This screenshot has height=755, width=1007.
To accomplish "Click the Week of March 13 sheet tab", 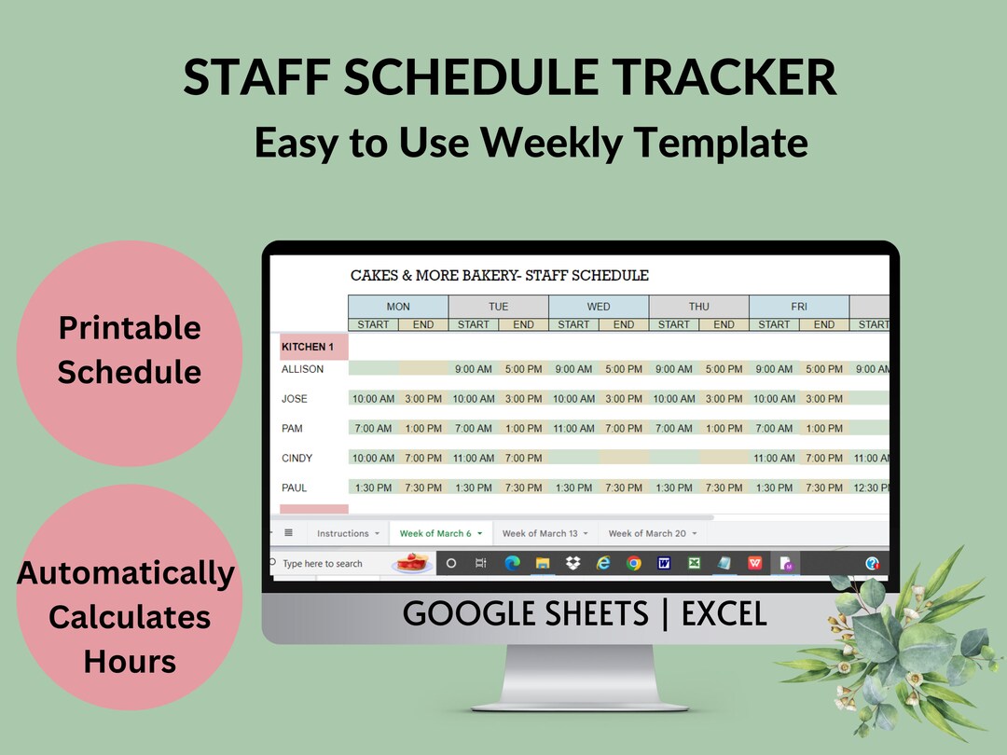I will [540, 533].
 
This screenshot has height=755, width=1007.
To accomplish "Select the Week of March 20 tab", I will [647, 533].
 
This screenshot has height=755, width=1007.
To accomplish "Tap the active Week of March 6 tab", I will [435, 533].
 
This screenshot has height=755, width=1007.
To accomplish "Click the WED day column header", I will [599, 307].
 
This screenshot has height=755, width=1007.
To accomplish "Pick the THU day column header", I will [698, 307].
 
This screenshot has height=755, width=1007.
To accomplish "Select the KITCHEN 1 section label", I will [308, 347].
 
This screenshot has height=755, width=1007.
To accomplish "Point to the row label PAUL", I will [295, 487].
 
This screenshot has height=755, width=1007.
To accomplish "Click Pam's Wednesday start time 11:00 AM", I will [573, 429].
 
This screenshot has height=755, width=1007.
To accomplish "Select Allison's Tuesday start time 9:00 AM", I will [474, 369].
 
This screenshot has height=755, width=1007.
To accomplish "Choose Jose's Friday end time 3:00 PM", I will [824, 399].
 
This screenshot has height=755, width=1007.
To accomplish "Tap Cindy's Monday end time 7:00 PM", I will [423, 459].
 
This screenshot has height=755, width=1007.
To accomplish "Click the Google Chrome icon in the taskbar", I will [634, 564].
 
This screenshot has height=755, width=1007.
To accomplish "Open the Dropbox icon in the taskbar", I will [572, 564].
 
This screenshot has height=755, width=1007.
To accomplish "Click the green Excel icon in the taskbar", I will [695, 564].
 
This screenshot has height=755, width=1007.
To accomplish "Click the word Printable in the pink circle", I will [130, 328].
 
